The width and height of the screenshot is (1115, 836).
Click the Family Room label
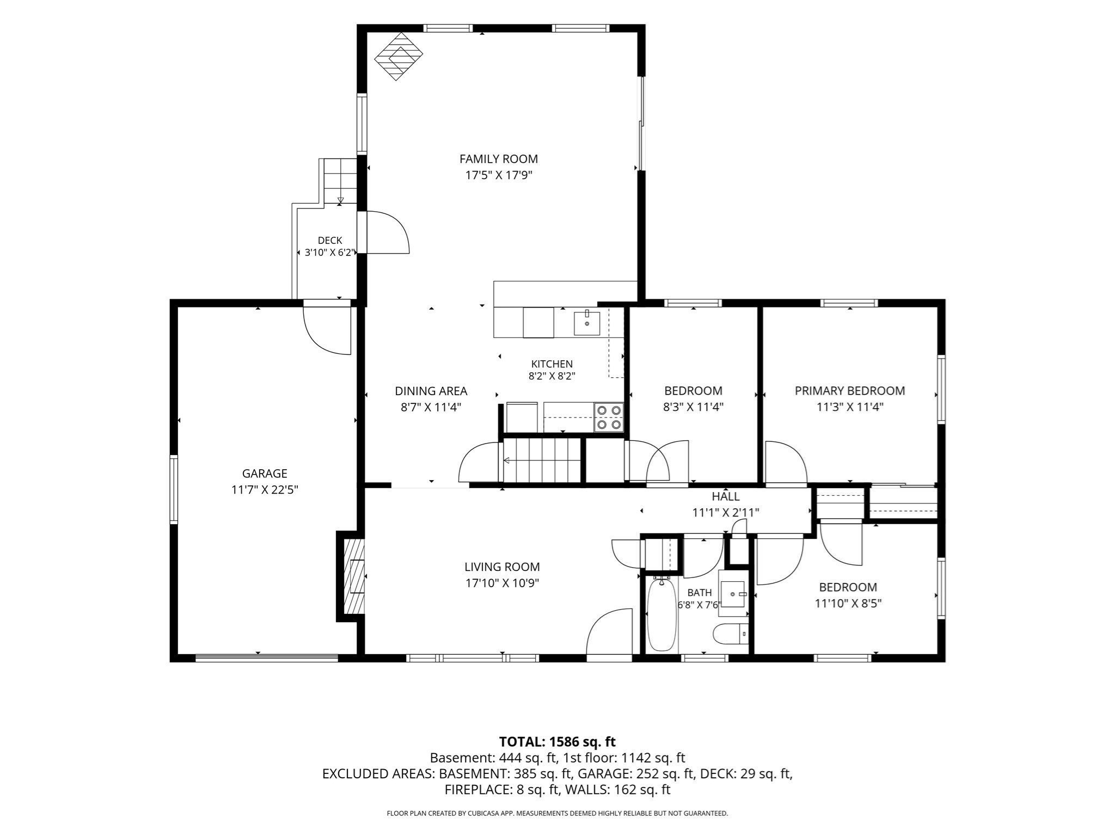498,159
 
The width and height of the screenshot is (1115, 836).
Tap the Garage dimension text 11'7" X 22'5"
265,490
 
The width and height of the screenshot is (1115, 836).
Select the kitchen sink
587,323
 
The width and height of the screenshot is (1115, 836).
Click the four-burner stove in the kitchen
609,417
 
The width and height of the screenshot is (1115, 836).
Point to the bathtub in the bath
661,614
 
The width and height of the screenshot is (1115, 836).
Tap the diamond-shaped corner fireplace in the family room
399,57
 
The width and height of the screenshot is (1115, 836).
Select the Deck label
330,241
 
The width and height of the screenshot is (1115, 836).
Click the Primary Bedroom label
850,391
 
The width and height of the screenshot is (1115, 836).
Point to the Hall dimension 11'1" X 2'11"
726,512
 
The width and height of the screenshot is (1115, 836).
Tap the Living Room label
502,567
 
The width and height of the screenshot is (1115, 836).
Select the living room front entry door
609,634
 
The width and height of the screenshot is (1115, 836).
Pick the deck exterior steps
340,181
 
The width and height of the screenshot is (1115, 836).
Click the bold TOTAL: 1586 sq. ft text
557,742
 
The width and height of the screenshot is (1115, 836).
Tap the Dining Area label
431,391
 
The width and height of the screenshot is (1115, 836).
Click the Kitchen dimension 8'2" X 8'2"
552,376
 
